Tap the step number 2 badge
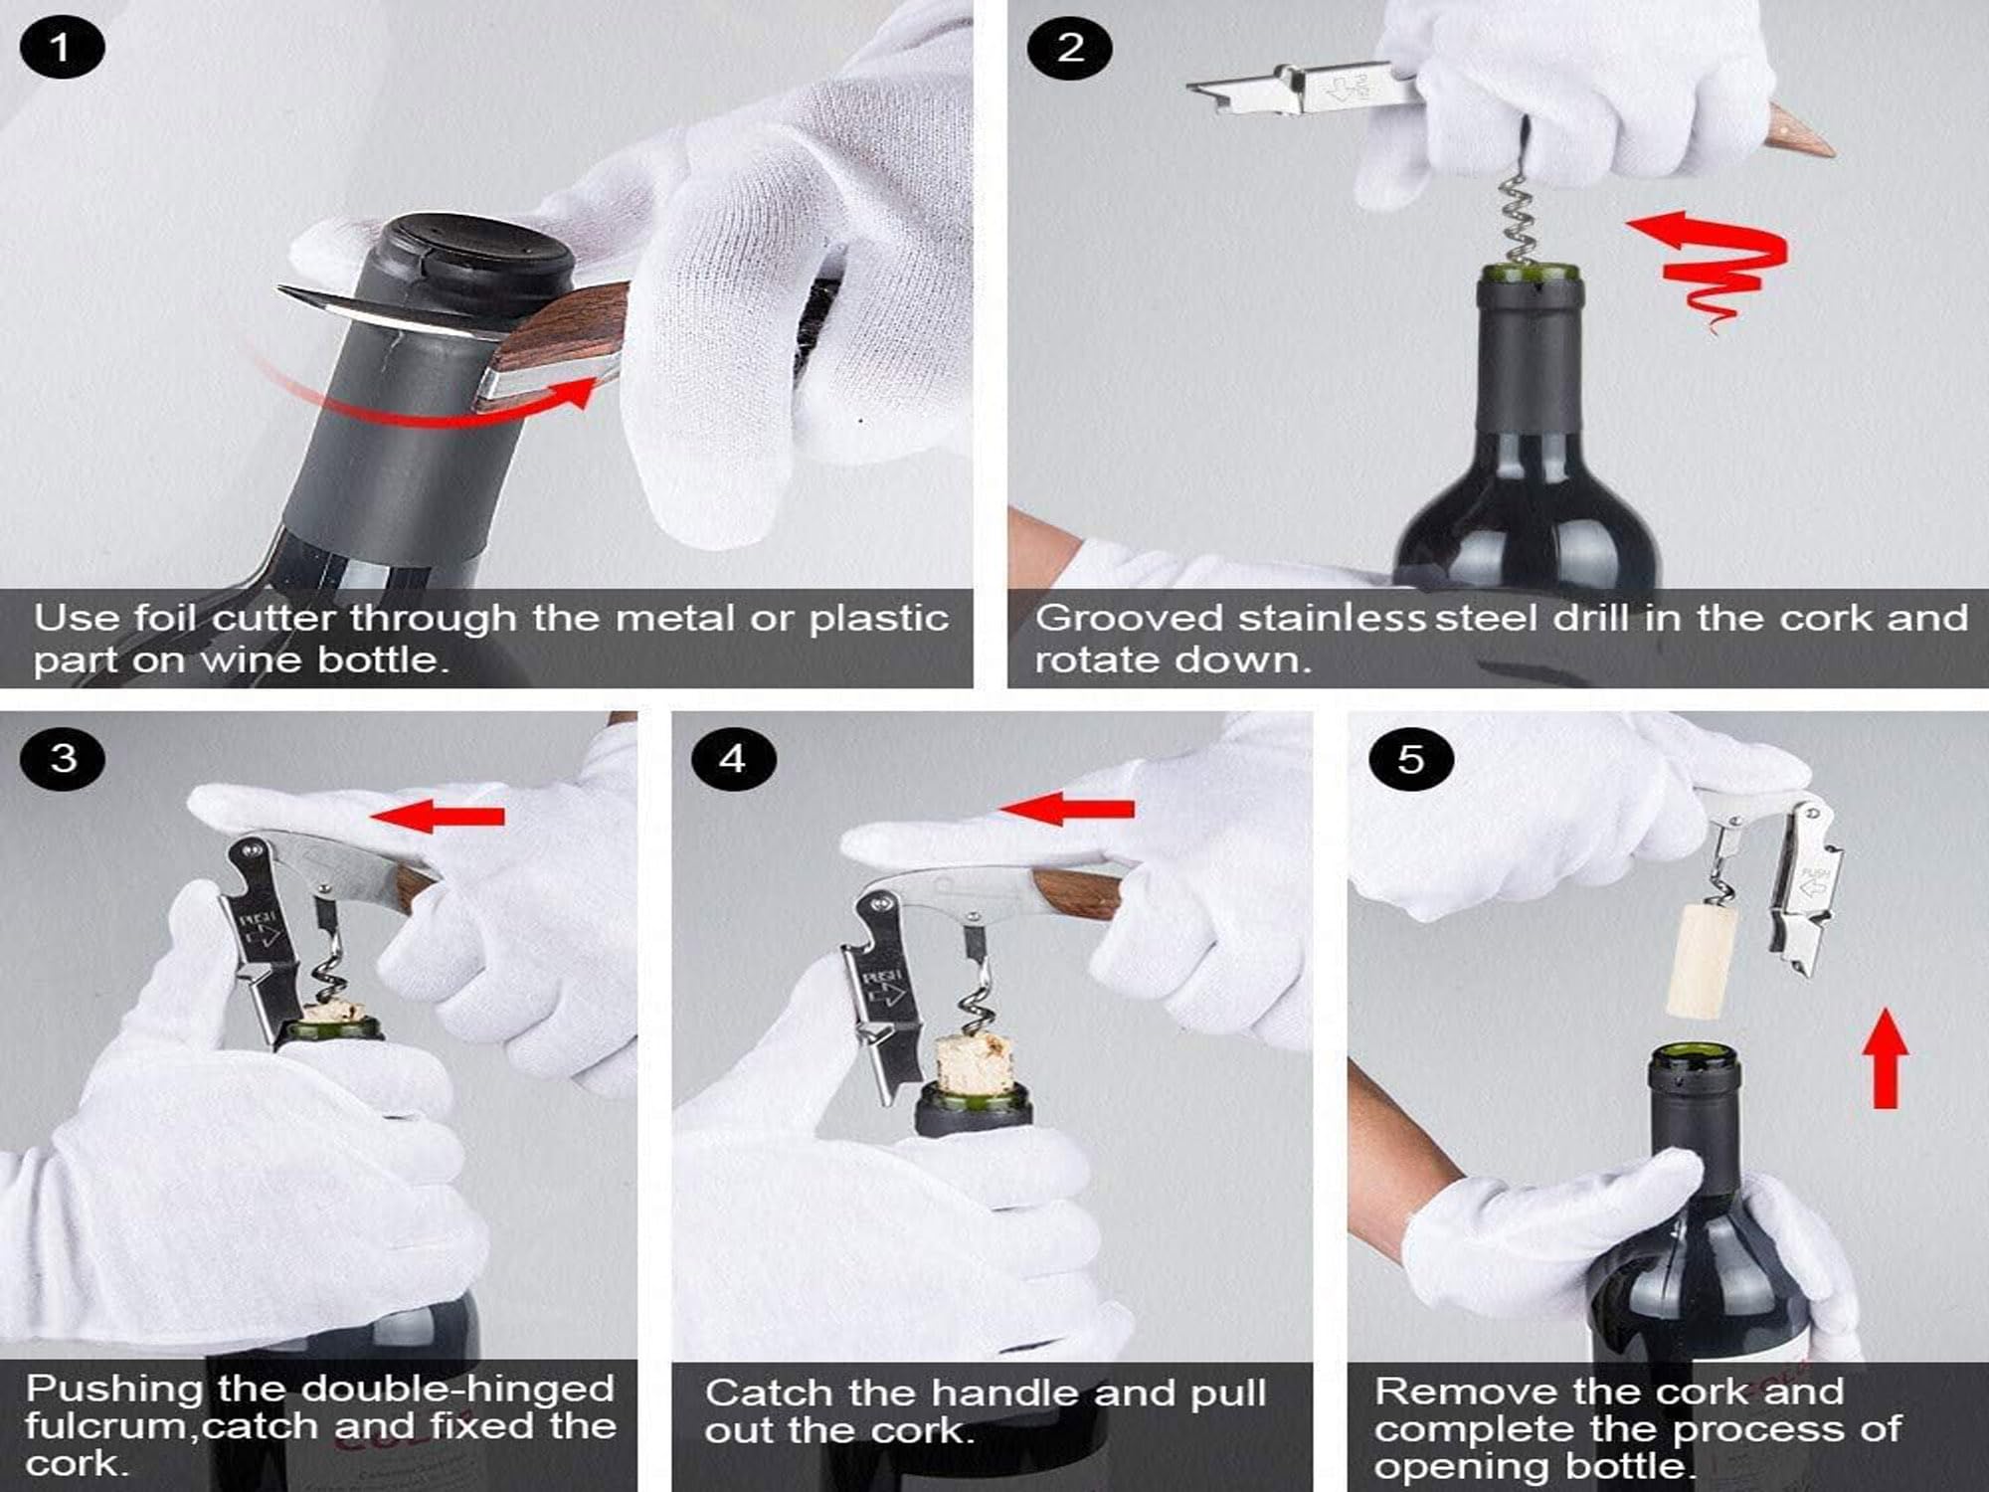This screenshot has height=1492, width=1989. (1070, 47)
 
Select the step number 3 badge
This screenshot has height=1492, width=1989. (63, 758)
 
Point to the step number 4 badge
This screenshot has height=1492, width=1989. (733, 759)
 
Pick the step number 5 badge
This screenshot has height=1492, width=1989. (1411, 760)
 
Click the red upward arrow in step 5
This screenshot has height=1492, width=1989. (1885, 1059)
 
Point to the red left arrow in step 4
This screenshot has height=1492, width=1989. (1069, 808)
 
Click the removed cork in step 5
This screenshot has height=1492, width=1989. (1703, 960)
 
